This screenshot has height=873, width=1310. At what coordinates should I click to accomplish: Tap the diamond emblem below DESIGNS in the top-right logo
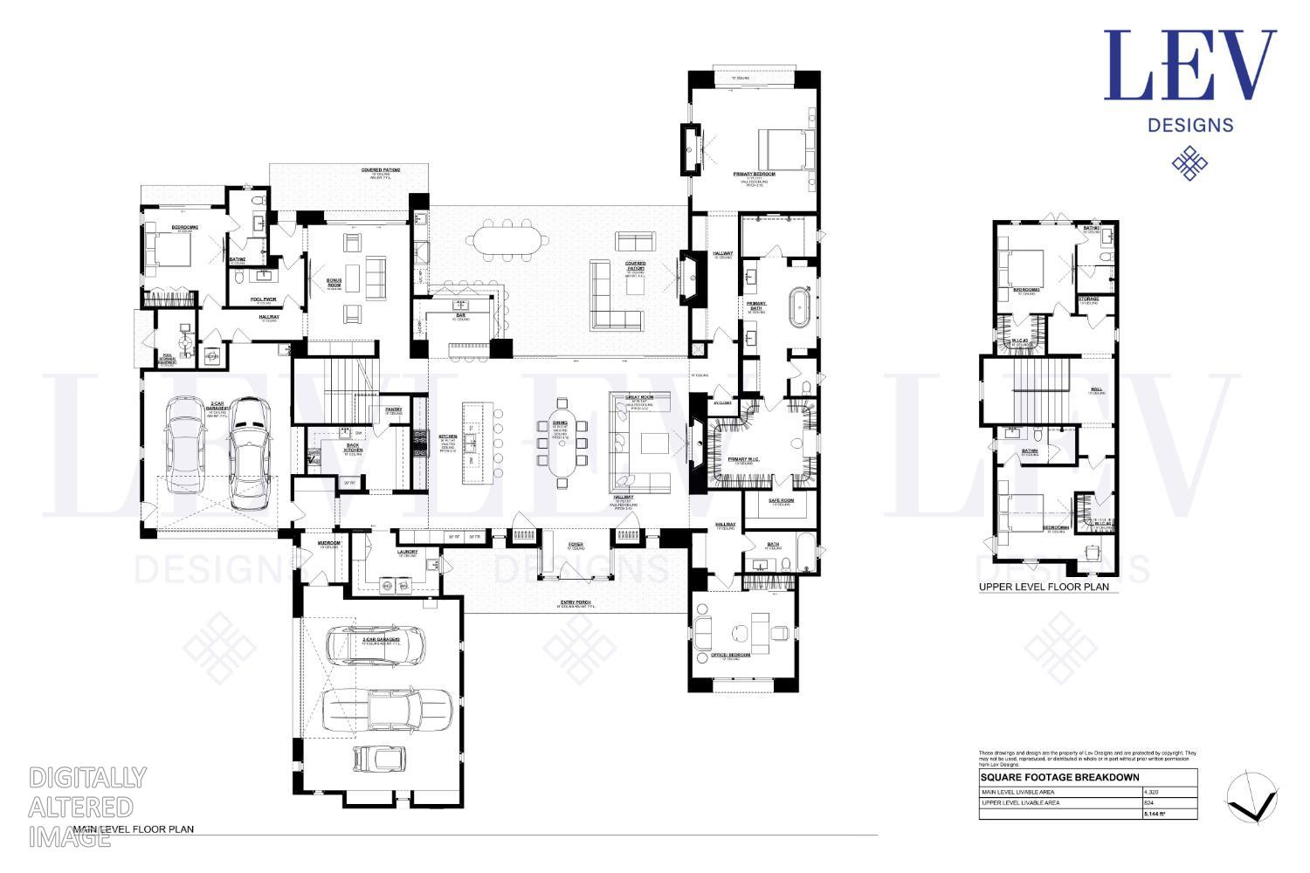coord(1189,163)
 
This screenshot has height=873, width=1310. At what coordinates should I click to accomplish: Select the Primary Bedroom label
coord(755,175)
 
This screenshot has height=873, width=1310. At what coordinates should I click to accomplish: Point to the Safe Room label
coord(780,500)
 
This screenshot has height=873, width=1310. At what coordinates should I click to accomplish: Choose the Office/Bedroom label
coord(731,655)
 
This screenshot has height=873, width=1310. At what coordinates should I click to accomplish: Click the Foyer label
coord(575,545)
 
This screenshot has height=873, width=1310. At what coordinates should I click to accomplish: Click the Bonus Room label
coord(334,284)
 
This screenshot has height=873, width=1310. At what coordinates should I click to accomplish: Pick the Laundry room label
coord(407,552)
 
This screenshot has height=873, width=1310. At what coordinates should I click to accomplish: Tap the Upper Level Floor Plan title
coord(1044,587)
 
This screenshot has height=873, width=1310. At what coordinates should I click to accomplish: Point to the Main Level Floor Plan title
coord(133,829)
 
